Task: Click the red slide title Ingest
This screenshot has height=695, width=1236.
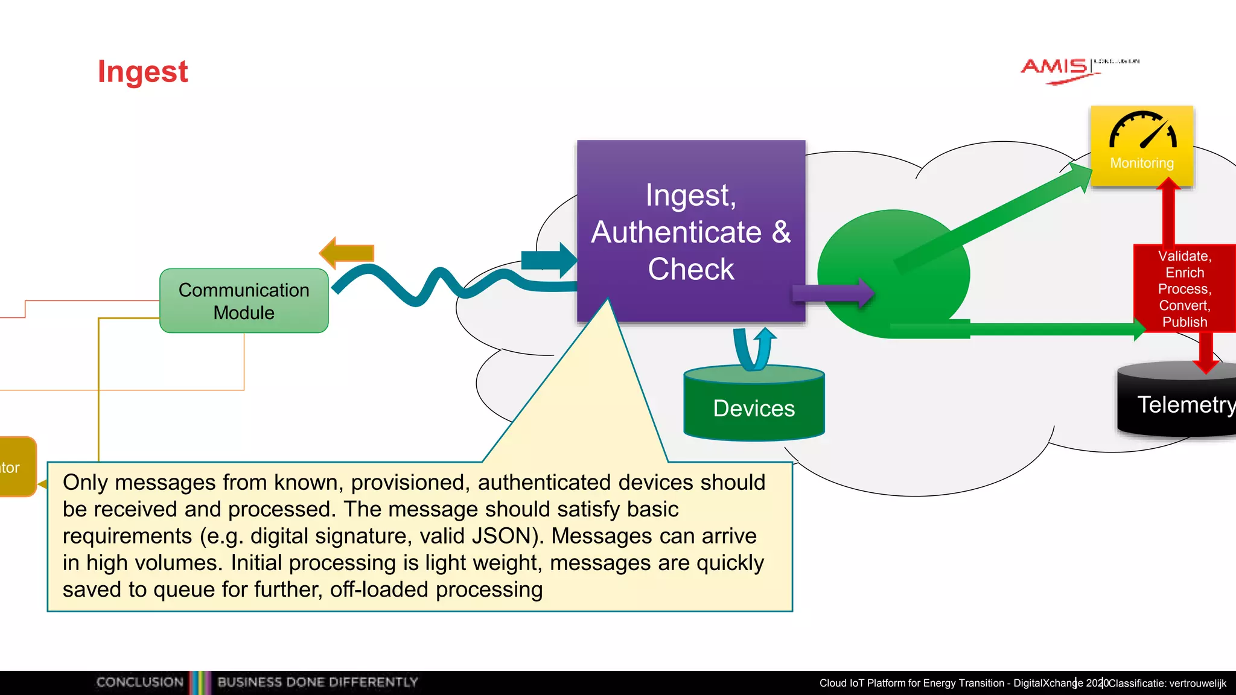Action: pos(142,72)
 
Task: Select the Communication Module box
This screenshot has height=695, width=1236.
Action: pos(244,301)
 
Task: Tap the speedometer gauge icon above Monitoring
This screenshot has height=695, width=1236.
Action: pos(1142,130)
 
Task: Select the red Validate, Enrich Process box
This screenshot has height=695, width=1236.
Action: pos(1184,289)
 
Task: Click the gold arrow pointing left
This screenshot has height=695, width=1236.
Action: pos(347,253)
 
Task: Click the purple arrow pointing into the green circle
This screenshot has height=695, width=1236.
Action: pos(833,293)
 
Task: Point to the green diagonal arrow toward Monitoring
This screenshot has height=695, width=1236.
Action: pos(996,217)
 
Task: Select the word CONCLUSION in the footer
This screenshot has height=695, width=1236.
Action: pos(139,682)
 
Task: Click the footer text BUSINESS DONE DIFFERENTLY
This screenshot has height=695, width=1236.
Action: pos(317,682)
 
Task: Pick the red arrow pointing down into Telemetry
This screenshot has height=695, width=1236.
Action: pos(1206,353)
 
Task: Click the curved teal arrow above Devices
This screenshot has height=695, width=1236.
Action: pos(754,349)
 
